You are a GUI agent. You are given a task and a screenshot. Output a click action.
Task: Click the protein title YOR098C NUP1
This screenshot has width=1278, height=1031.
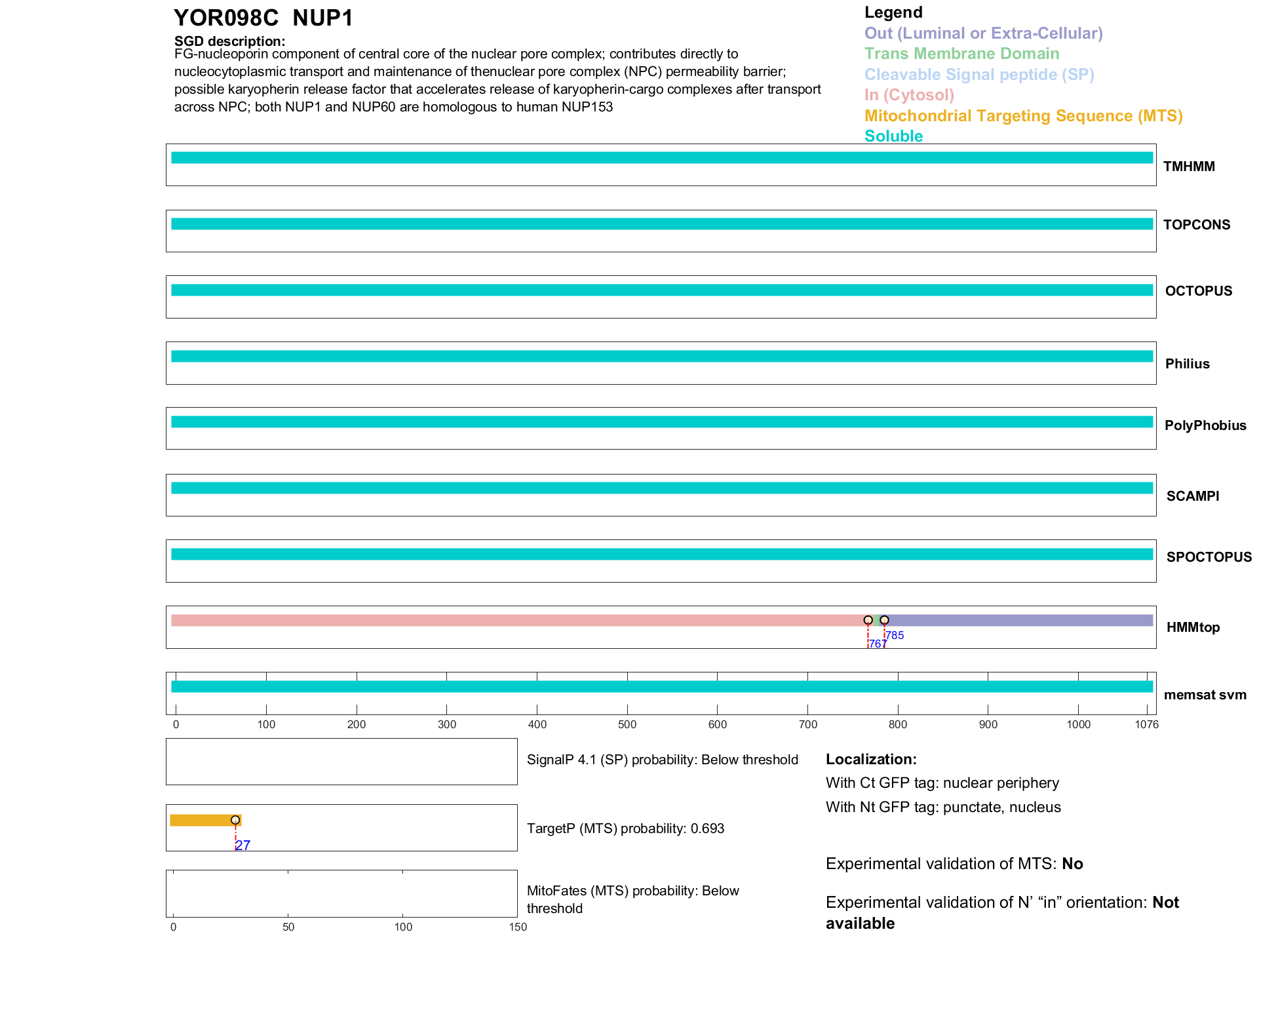click(263, 18)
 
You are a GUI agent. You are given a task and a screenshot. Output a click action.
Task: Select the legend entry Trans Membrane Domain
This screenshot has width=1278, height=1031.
click(961, 54)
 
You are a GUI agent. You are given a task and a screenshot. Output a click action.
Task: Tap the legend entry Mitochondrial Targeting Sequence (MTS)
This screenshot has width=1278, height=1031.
click(1023, 116)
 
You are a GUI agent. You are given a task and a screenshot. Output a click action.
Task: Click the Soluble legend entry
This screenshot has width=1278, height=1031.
click(893, 136)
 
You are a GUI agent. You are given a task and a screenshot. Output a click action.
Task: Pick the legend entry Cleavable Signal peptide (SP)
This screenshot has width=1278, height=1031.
click(979, 75)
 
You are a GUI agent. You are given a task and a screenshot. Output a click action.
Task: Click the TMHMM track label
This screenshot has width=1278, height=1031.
click(1189, 166)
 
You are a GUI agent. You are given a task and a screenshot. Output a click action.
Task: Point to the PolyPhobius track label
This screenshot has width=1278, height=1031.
click(1205, 425)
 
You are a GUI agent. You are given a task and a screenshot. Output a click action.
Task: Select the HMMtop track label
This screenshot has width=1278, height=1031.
click(1193, 627)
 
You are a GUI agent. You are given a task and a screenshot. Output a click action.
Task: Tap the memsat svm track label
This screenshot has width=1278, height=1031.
click(1205, 695)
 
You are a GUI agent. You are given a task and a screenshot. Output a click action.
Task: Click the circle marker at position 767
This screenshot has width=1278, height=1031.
click(868, 620)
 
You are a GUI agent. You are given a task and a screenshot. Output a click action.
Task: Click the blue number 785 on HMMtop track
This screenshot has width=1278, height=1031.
click(895, 635)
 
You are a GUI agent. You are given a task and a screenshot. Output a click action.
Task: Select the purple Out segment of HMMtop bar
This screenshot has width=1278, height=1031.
click(1019, 620)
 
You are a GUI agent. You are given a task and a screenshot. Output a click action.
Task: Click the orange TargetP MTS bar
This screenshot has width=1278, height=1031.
click(203, 820)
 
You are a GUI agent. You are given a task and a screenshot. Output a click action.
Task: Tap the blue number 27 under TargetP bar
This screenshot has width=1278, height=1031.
click(242, 846)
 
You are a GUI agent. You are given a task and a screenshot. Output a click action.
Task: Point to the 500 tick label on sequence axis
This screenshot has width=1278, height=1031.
click(627, 724)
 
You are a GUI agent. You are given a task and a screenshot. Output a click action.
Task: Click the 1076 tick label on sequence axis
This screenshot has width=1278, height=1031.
click(1146, 724)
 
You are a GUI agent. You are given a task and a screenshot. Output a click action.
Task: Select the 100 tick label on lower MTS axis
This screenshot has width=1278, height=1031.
click(403, 927)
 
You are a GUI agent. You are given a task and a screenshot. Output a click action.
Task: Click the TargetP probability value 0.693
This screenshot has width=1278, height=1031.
click(707, 828)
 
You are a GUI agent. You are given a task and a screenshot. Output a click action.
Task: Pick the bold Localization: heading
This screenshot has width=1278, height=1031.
click(871, 759)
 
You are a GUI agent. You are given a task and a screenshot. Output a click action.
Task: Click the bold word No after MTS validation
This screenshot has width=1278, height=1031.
click(1072, 864)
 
